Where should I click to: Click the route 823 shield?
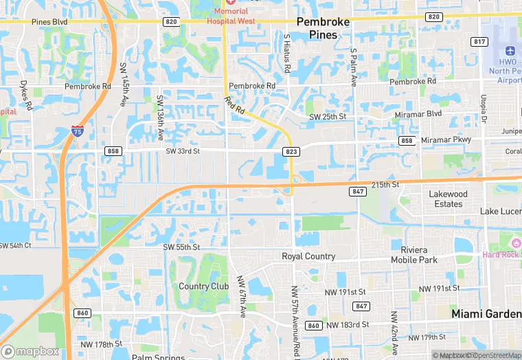(288, 151)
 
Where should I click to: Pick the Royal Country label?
(308, 256)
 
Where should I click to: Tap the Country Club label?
(203, 286)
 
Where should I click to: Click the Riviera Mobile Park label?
(414, 255)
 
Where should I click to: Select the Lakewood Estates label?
(448, 199)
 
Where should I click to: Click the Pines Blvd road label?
(49, 22)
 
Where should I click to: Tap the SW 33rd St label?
(183, 151)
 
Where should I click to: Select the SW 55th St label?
(181, 247)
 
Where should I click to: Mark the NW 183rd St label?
(348, 324)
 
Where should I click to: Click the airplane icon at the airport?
(510, 52)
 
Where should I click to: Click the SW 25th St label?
(328, 117)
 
